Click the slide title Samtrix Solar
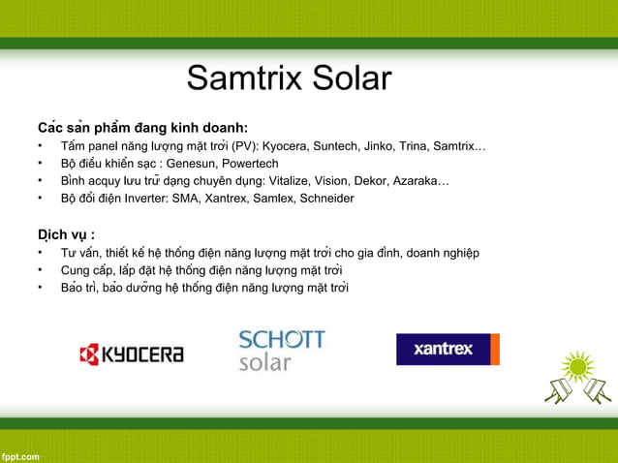(x=289, y=78)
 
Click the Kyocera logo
(x=132, y=355)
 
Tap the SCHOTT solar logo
(x=282, y=351)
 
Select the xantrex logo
(x=448, y=349)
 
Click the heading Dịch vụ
(x=66, y=234)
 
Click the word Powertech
(x=250, y=164)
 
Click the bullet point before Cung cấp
(x=42, y=270)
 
